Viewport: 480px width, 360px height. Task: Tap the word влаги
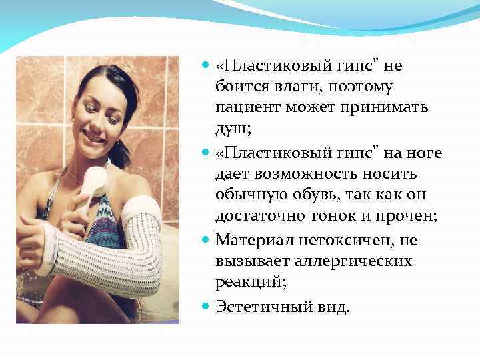coord(277,87)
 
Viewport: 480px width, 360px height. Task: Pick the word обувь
coord(316,195)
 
